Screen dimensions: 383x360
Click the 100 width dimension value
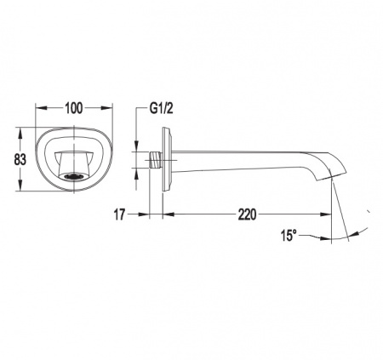point(74,108)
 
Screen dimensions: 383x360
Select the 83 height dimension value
point(20,159)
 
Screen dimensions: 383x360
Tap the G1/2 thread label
point(161,108)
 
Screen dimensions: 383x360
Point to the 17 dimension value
point(119,214)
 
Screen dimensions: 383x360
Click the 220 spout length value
point(247,214)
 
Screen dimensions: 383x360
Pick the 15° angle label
point(289,236)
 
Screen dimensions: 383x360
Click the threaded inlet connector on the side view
point(156,161)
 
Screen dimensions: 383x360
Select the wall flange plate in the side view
point(167,159)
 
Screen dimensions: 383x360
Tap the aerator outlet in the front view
point(74,176)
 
